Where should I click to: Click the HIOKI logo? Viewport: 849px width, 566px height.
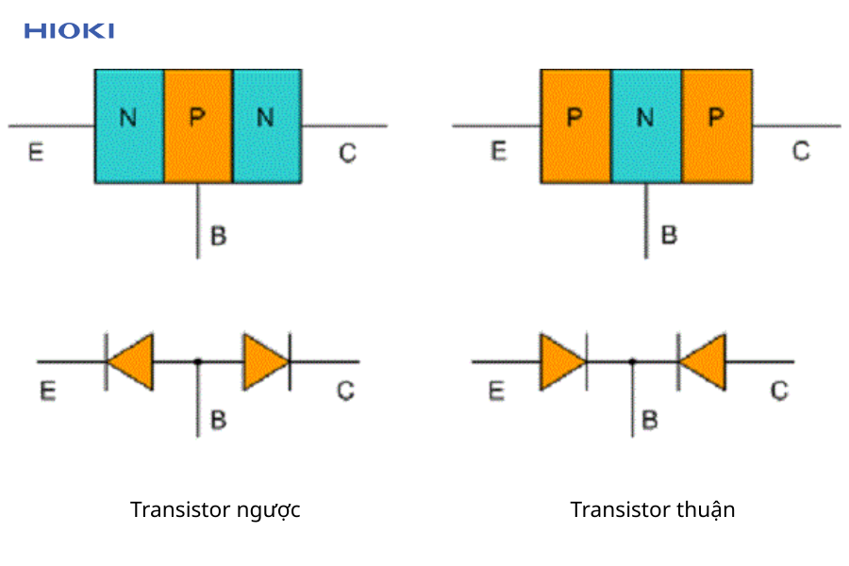69,31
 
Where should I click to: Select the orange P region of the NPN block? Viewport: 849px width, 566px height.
197,125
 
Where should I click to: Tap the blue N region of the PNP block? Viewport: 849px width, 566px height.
645,125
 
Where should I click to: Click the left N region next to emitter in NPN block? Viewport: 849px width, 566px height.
129,125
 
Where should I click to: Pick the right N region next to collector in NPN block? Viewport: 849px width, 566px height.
266,125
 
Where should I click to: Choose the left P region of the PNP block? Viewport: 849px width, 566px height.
575,125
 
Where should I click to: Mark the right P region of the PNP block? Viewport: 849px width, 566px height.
717,125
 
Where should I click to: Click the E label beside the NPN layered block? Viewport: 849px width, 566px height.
36,152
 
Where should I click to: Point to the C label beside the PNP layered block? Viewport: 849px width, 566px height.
800,151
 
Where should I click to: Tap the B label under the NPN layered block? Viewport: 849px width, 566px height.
218,235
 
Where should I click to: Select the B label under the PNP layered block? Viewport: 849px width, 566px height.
669,235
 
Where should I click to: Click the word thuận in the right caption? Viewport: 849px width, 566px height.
706,510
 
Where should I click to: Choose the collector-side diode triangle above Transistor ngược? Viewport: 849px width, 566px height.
265,361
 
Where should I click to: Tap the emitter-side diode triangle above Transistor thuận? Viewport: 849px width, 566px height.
562,361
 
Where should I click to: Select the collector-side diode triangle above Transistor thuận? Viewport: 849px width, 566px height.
703,361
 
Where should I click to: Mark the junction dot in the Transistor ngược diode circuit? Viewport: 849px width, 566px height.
197,361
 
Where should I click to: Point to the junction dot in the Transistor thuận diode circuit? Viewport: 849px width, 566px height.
632,361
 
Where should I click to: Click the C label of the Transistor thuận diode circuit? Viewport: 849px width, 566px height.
779,390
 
